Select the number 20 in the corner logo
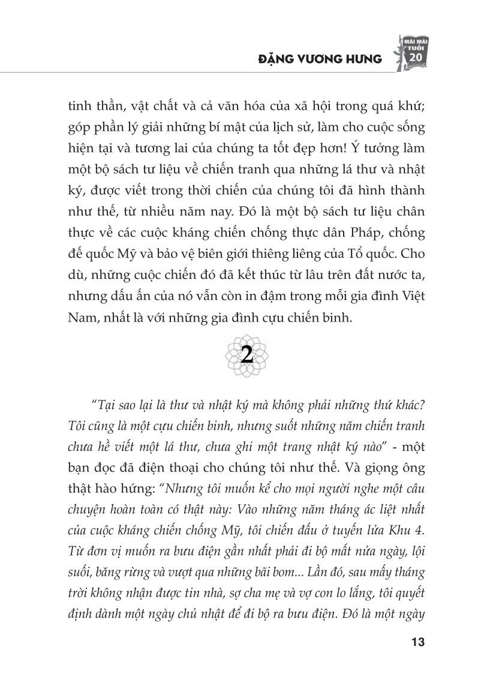coord(414,56)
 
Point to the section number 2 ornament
coord(246,356)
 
